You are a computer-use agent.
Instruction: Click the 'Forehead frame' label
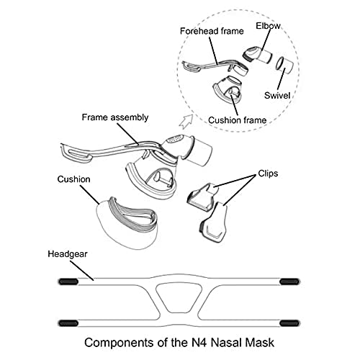pyautogui.click(x=212, y=31)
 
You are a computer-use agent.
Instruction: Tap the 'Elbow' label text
pyautogui.click(x=268, y=26)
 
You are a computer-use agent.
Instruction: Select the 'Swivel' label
pyautogui.click(x=277, y=96)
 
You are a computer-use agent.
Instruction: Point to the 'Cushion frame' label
pyautogui.click(x=238, y=120)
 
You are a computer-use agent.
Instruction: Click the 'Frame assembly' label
pyautogui.click(x=115, y=117)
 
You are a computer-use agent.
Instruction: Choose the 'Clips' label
pyautogui.click(x=268, y=174)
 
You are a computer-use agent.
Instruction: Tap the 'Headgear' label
pyautogui.click(x=68, y=254)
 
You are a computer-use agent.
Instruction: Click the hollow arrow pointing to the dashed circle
pyautogui.click(x=186, y=121)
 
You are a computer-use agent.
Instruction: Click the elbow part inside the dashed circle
pyautogui.click(x=257, y=55)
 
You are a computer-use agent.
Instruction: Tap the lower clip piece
pyautogui.click(x=214, y=222)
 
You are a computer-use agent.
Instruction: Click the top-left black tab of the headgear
pyautogui.click(x=68, y=282)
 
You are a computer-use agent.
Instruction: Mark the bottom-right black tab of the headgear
pyautogui.click(x=289, y=323)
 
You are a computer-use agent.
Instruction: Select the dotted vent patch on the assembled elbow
pyautogui.click(x=175, y=139)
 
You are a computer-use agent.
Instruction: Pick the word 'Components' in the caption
pyautogui.click(x=120, y=343)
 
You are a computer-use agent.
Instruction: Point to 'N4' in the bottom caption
pyautogui.click(x=199, y=343)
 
